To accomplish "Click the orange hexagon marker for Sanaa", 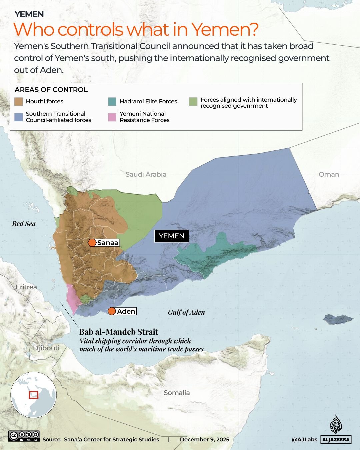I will (92, 243).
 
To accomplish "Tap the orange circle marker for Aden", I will (112, 311).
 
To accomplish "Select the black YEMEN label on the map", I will (172, 236).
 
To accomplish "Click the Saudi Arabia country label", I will (146, 174).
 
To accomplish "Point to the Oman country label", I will (329, 174).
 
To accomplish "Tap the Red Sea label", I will (24, 224).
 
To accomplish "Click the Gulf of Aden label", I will (186, 312).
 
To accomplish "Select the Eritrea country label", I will (26, 287).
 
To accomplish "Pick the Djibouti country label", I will (46, 348).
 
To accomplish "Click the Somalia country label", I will (177, 393).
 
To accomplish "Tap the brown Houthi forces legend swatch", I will (19, 101).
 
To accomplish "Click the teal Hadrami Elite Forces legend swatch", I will (112, 101).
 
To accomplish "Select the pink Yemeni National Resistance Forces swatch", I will (112, 117).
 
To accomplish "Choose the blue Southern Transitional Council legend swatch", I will (19, 117).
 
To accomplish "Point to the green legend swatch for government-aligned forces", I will (193, 102).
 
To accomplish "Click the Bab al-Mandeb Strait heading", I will (119, 332).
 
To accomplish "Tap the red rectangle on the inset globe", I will (33, 395).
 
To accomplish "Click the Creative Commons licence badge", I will (24, 436).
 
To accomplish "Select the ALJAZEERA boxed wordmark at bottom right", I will (336, 440).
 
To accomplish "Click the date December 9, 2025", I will (204, 439).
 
